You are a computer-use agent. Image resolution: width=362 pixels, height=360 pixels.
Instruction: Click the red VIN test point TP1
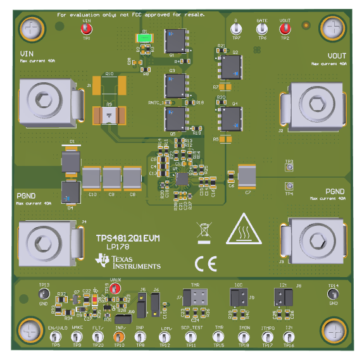tap(87, 28)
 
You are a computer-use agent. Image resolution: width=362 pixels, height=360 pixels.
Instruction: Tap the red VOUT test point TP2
tap(285, 28)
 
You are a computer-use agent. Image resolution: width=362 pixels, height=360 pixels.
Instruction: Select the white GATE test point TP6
tap(262, 28)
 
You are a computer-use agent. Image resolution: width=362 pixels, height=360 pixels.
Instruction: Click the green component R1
tap(145, 38)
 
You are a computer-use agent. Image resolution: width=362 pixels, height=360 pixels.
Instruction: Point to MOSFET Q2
tap(233, 66)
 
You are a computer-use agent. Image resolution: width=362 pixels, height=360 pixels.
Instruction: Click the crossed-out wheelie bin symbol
tap(204, 232)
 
